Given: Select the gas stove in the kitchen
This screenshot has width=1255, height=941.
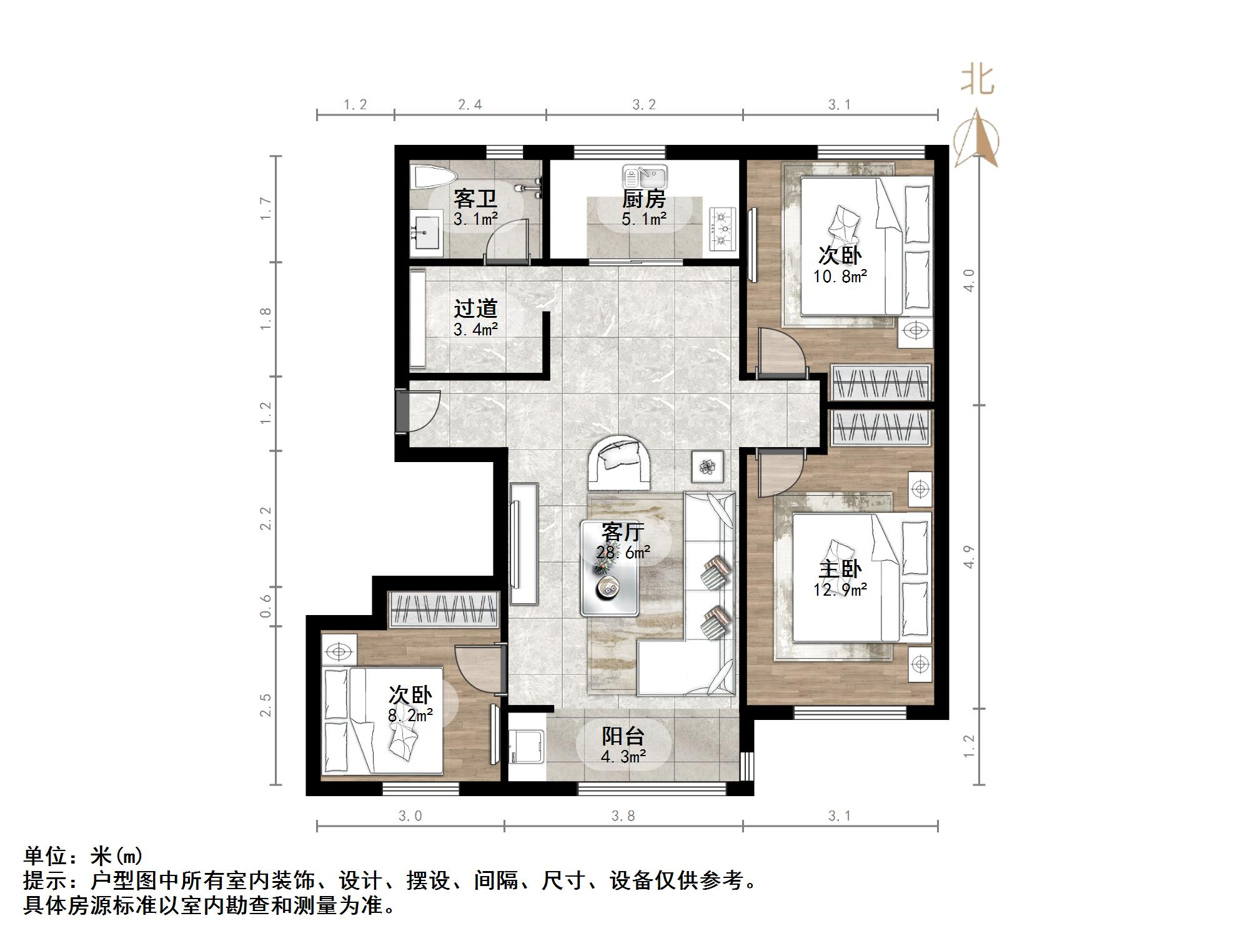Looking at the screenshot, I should point(722,230).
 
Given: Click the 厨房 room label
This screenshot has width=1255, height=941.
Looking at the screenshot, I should point(643,199).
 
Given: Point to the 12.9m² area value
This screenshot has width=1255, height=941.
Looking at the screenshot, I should point(840,589).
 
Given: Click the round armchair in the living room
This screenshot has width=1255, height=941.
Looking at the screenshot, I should point(620,463).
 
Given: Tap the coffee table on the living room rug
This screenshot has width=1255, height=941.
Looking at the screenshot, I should point(609,568).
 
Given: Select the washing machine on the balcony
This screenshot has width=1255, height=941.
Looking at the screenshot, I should point(527,747).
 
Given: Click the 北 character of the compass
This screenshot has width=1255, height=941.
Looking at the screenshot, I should point(977,81).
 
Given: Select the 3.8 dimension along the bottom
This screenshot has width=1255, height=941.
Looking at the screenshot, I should point(623,815).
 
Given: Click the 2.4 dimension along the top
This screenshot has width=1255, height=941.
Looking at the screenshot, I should point(469,104).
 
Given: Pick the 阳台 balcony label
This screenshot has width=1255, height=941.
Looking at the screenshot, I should point(623,736).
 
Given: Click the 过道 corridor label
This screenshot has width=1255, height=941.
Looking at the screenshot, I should point(475,308).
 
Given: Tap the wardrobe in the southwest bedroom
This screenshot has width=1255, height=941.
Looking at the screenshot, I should point(444,609).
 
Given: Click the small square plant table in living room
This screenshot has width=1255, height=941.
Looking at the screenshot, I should point(708,466).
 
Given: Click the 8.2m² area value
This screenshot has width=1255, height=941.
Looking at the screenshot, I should point(410,716).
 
